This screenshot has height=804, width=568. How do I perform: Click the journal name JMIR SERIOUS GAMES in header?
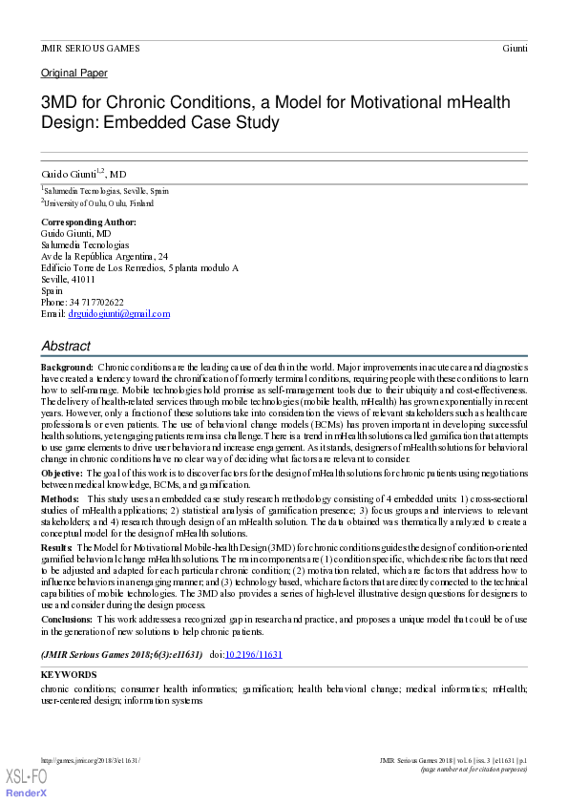pos(90,48)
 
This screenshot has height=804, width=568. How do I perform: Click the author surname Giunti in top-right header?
pos(514,48)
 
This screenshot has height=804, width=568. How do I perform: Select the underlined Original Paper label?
pos(74,74)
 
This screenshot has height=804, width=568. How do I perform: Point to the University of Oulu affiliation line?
pos(98,203)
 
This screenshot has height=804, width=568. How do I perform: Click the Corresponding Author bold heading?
pos(89,222)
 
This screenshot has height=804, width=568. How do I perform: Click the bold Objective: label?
pos(62,473)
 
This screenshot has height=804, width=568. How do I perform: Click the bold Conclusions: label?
pos(67,619)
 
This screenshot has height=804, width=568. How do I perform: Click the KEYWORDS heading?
pos(69,675)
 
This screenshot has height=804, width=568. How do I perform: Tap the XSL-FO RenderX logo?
pos(26,783)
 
